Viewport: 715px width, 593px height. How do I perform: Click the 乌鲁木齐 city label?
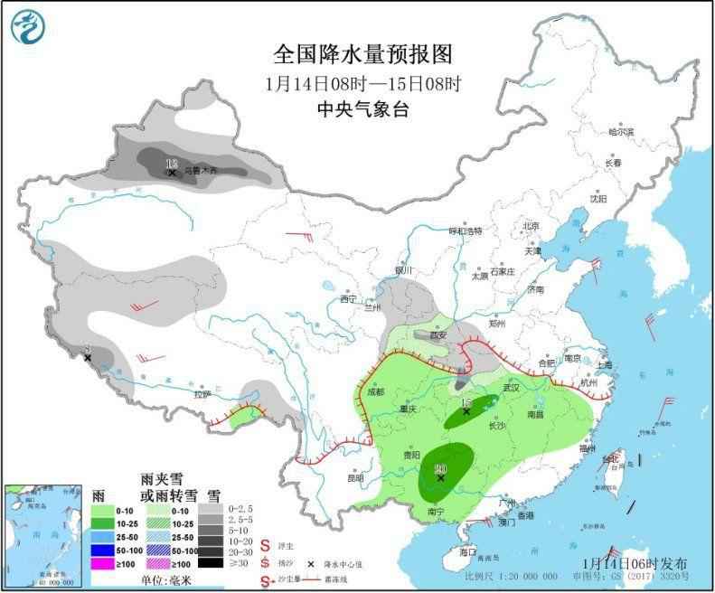[x=201, y=169]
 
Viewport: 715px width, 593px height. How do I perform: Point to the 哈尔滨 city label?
[x=621, y=132]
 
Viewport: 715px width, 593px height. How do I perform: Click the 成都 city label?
[x=376, y=392]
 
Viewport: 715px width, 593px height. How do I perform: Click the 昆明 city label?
[x=355, y=477]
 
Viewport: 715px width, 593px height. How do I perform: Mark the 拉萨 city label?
[x=201, y=394]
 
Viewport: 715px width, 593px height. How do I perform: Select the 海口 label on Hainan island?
[x=466, y=551]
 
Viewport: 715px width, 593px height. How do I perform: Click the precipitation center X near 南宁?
[x=440, y=478]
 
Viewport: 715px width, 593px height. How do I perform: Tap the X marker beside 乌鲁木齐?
[x=172, y=172]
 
